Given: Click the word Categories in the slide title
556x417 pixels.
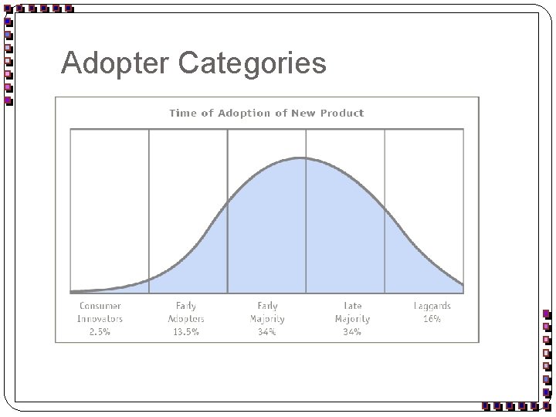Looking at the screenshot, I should [253, 63].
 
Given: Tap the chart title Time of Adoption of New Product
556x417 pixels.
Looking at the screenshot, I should [266, 113].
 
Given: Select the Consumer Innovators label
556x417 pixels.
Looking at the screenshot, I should [100, 312].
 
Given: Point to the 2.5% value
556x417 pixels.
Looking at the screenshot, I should [100, 332].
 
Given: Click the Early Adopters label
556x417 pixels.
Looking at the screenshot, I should [186, 312].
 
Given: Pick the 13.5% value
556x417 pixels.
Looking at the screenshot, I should [186, 332].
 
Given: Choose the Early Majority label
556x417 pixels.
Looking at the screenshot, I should [267, 312].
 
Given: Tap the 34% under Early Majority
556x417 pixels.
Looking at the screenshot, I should [267, 332].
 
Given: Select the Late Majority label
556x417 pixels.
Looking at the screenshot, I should [352, 312].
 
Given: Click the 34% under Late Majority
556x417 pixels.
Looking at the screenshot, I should [352, 332].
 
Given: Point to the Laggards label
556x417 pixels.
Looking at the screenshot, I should [432, 306].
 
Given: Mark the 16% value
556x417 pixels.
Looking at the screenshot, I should [432, 319].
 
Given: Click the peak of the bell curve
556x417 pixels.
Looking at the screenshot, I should [302, 158].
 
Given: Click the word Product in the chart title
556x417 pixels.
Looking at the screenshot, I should [343, 113].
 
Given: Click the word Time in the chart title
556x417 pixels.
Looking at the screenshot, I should [183, 113].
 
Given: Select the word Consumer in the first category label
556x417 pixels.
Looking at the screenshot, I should [100, 306].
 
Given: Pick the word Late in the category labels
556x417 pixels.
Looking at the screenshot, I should [352, 306].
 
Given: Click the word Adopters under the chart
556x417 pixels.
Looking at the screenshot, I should [186, 319].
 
